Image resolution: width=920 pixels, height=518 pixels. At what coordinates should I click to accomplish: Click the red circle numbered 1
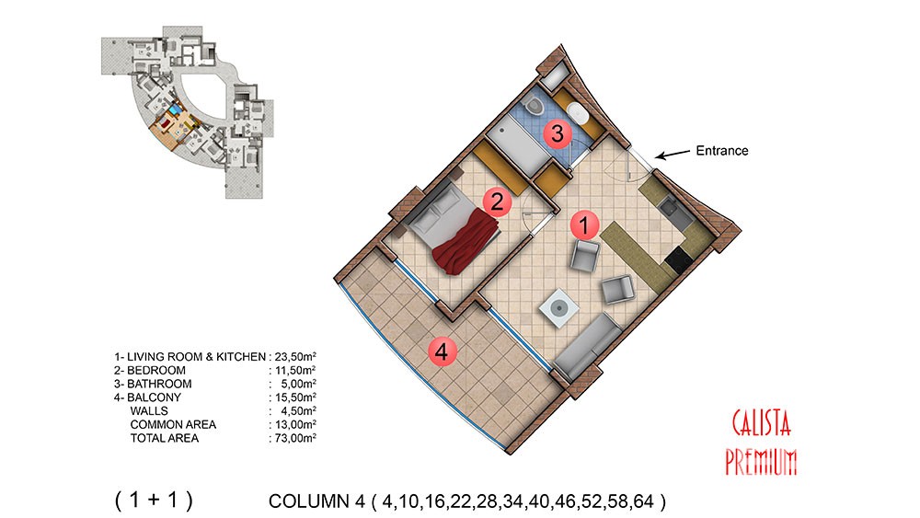[x=584, y=224]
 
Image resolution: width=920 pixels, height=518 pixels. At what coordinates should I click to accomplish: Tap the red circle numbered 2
[x=497, y=202]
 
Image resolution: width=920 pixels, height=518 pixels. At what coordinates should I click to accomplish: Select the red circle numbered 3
[x=557, y=133]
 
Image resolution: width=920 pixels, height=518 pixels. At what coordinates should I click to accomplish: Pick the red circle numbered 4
[x=442, y=352]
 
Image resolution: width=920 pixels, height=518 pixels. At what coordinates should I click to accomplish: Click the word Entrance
[x=721, y=151]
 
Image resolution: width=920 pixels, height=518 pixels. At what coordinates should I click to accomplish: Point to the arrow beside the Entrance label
[x=673, y=155]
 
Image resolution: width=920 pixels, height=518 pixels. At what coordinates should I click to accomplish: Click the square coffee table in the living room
[x=559, y=308]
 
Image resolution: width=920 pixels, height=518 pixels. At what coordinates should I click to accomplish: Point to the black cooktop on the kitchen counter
[x=680, y=259]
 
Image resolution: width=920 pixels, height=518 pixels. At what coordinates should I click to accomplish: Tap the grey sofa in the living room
[x=588, y=346]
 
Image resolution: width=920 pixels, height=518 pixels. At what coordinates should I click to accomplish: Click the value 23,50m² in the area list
[x=295, y=356]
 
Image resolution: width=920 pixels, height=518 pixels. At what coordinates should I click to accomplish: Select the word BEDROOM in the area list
[x=156, y=370]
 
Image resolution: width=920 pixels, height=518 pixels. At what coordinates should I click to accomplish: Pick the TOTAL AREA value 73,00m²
[x=295, y=438]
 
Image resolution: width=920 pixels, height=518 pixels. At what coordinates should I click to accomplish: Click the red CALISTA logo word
[x=762, y=423]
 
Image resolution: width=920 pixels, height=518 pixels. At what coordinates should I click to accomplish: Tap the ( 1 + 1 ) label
[x=154, y=500]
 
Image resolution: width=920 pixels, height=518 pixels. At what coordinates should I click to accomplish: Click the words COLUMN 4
[x=316, y=501]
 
